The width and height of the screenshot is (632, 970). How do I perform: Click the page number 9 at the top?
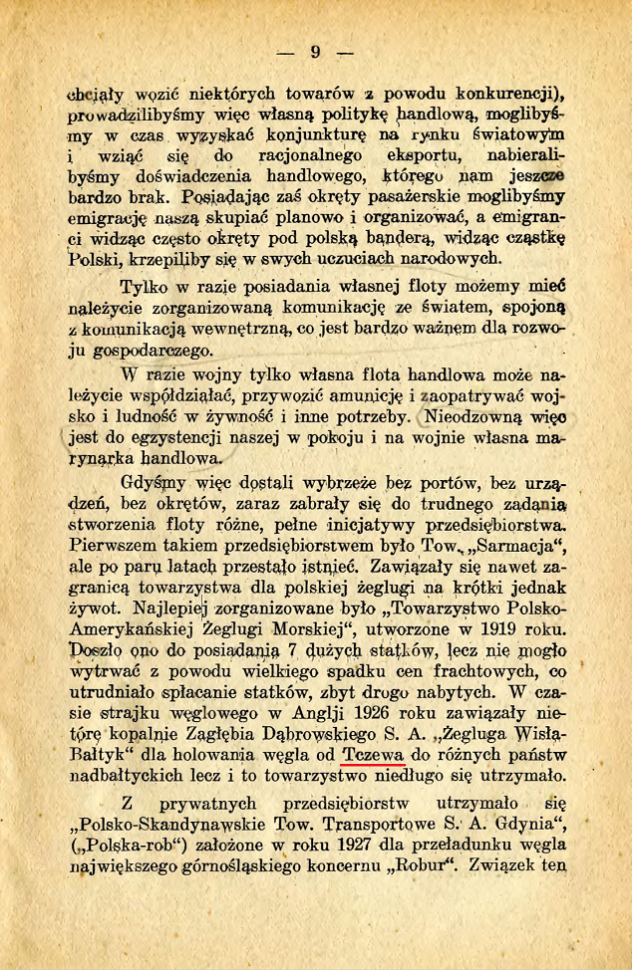(315, 52)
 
